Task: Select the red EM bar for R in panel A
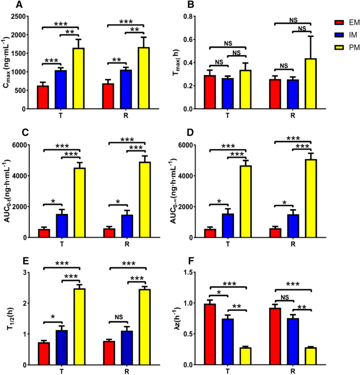108,96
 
